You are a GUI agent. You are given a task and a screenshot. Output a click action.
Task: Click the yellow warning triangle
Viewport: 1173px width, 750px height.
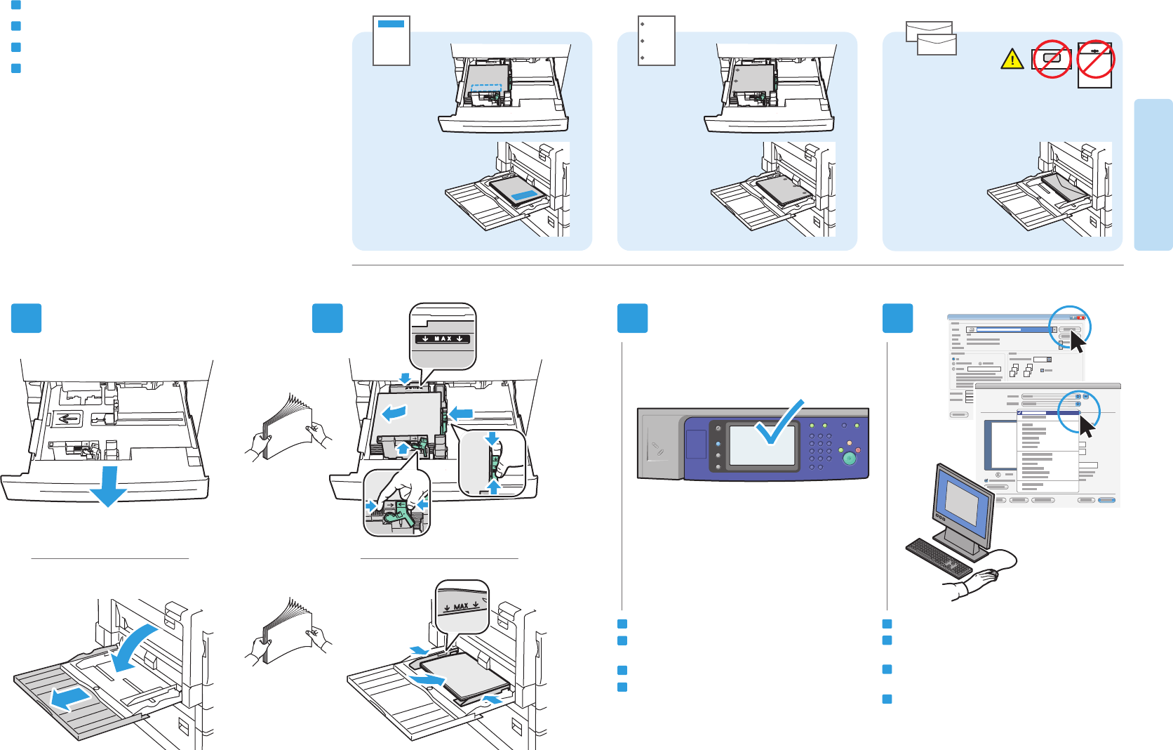tap(1012, 60)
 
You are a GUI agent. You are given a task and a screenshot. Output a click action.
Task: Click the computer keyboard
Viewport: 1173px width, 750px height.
tap(939, 558)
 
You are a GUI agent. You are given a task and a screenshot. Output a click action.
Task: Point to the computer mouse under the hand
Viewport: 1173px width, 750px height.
tap(988, 574)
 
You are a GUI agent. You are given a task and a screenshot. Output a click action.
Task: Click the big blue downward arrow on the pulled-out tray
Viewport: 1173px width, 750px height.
tap(108, 487)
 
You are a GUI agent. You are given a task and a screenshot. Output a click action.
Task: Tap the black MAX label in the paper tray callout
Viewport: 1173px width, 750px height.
tap(443, 338)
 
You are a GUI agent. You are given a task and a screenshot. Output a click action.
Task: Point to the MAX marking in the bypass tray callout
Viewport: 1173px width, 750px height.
tap(461, 606)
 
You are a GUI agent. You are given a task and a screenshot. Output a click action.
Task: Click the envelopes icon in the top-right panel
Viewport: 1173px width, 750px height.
tap(931, 38)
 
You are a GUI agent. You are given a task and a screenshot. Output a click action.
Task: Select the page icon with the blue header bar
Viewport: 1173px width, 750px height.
tap(391, 41)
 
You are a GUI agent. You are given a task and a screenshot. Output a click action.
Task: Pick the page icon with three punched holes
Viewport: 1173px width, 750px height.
tap(657, 41)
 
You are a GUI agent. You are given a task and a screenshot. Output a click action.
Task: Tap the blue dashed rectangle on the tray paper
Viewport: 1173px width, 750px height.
tap(485, 91)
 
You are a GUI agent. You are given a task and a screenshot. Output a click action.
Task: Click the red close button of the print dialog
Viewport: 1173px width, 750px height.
tap(1080, 318)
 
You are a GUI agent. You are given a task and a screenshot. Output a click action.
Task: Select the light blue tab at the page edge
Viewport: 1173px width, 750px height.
tap(1153, 174)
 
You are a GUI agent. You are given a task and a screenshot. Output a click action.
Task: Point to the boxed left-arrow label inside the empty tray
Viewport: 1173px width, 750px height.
tap(68, 419)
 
